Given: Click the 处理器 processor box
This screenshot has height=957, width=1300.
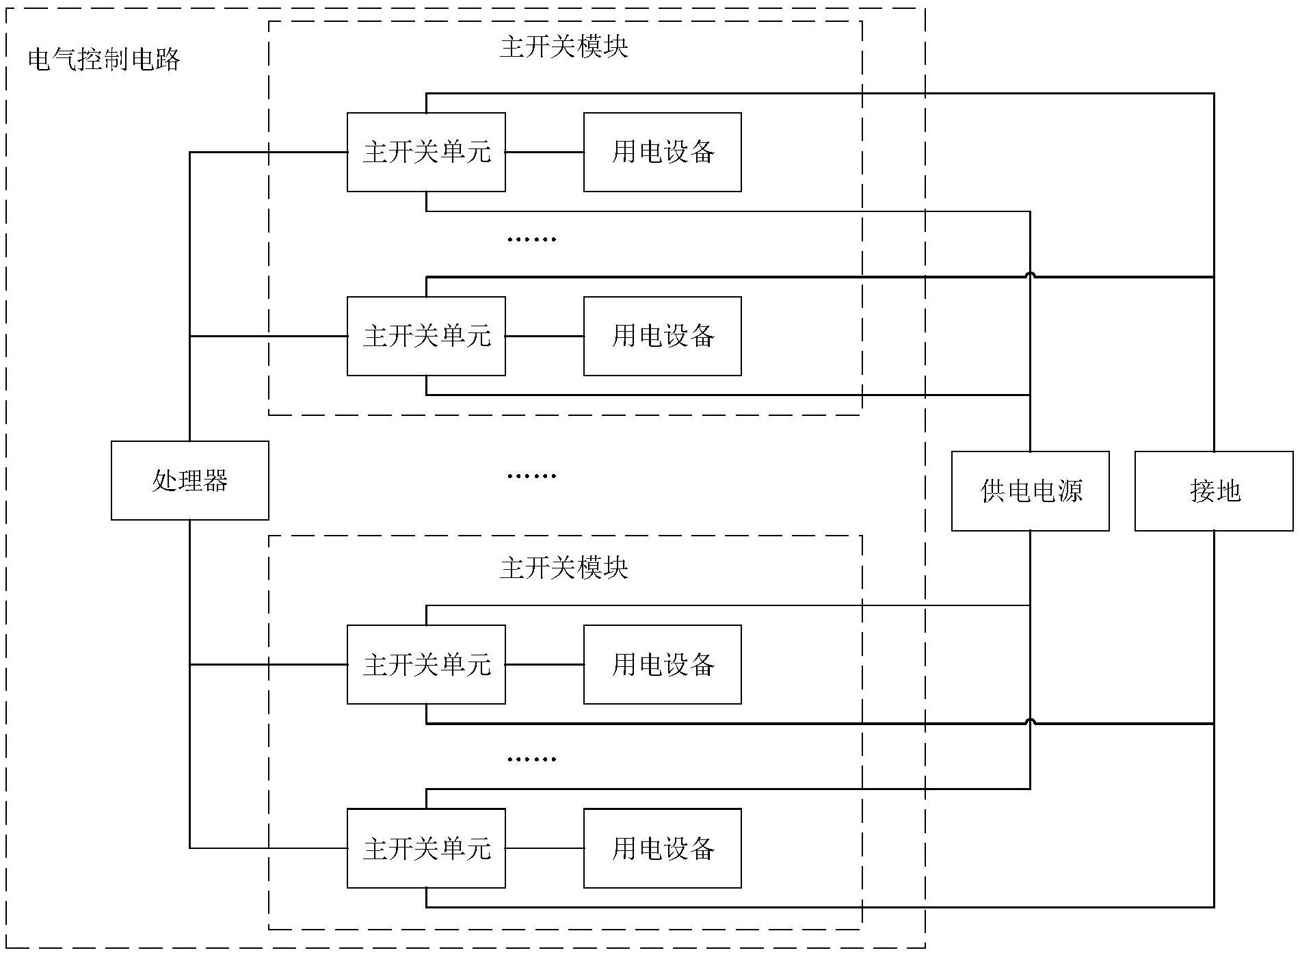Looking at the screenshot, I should tap(189, 480).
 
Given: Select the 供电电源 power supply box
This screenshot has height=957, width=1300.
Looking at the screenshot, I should tap(1030, 490).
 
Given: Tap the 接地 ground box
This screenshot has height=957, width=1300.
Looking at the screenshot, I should tap(1213, 490).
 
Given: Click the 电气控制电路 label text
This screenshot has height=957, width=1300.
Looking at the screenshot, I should tap(104, 60).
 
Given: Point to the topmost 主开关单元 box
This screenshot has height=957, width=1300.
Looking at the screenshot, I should tap(426, 152).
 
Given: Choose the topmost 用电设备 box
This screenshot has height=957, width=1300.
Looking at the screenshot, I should tap(662, 152).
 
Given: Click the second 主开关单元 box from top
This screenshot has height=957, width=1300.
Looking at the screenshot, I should tap(426, 336).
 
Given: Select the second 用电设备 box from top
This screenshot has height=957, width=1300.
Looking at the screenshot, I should tap(662, 336).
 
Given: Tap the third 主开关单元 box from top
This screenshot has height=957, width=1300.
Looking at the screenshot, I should tap(426, 664).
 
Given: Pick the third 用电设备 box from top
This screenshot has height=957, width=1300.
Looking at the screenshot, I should tap(662, 664).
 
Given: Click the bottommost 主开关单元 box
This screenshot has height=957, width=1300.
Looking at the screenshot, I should tap(426, 848).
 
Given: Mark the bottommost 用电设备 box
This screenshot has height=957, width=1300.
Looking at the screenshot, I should tap(662, 848).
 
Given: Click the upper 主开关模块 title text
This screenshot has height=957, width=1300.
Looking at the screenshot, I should tap(563, 47).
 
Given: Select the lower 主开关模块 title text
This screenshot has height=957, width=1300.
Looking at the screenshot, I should tap(563, 568).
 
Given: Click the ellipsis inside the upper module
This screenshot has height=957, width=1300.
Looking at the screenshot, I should tap(531, 239).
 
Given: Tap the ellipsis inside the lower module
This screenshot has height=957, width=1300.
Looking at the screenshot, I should tap(531, 759).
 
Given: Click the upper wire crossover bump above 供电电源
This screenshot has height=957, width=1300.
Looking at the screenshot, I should tap(1030, 275).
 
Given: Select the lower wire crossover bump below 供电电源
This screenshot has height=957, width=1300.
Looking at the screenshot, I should tap(1030, 721).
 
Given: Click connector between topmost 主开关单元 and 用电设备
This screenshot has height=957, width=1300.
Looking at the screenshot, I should tap(544, 152).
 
